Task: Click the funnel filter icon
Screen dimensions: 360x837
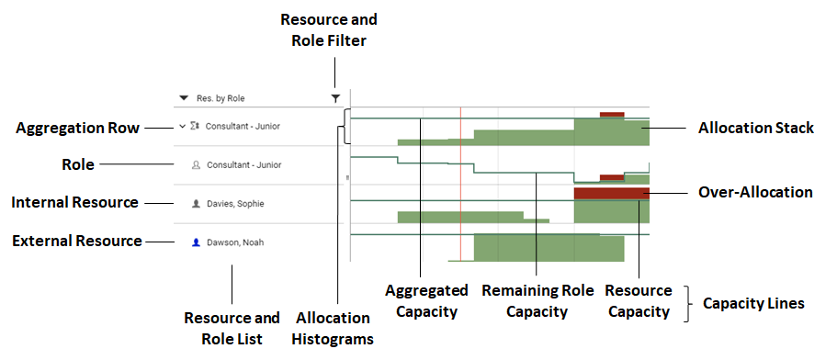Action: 335,98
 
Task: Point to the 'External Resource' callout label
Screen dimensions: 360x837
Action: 76,241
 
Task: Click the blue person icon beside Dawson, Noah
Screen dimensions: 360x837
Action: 196,242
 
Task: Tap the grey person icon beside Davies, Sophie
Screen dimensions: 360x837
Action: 196,203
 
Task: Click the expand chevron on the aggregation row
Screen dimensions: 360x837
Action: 182,126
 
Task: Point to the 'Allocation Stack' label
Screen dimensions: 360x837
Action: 755,129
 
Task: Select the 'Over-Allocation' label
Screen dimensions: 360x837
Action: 755,192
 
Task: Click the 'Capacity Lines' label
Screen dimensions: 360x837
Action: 753,302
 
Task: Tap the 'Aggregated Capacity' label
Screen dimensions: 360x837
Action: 420,301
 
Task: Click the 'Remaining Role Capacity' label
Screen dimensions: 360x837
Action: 536,301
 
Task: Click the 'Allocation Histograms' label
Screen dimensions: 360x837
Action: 333,328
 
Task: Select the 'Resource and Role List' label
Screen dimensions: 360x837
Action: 232,328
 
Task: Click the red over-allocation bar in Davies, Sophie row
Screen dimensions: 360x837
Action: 611,193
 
